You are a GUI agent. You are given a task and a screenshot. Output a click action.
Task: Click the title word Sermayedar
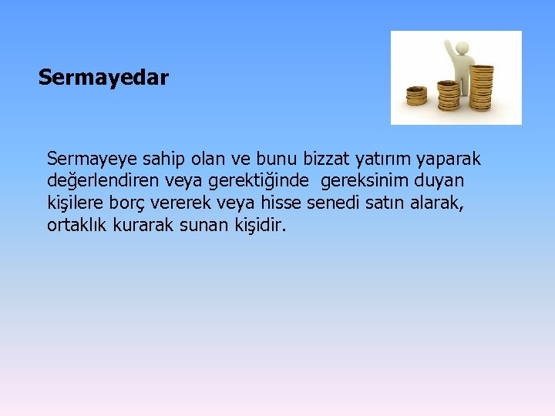click(103, 78)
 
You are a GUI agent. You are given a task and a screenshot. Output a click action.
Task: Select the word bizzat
click(325, 159)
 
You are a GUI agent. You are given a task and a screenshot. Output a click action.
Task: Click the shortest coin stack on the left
click(417, 96)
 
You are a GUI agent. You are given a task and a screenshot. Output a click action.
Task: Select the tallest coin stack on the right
click(482, 87)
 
